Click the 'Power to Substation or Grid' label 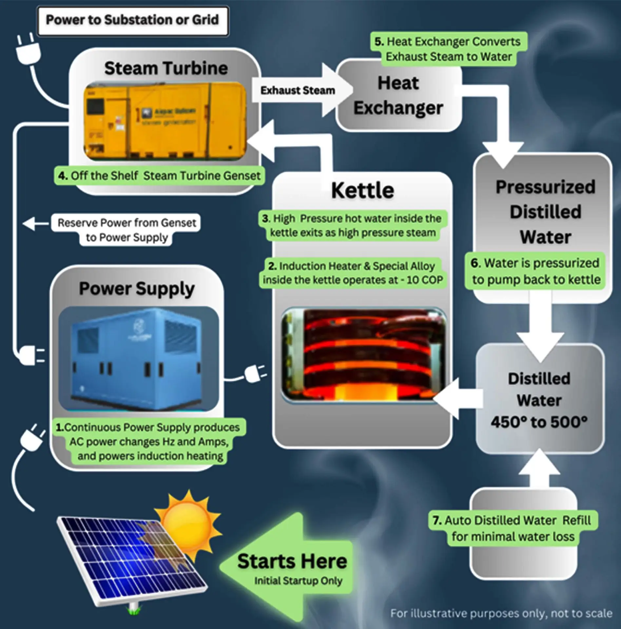[132, 20]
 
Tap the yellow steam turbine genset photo [165, 121]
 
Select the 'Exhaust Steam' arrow [298, 90]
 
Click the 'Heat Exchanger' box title [398, 95]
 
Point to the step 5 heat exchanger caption [448, 49]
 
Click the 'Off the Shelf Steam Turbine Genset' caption [159, 176]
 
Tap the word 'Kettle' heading [362, 191]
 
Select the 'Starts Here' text [292, 562]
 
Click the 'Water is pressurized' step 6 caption [535, 271]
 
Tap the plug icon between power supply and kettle [254, 374]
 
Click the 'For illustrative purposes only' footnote [501, 613]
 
